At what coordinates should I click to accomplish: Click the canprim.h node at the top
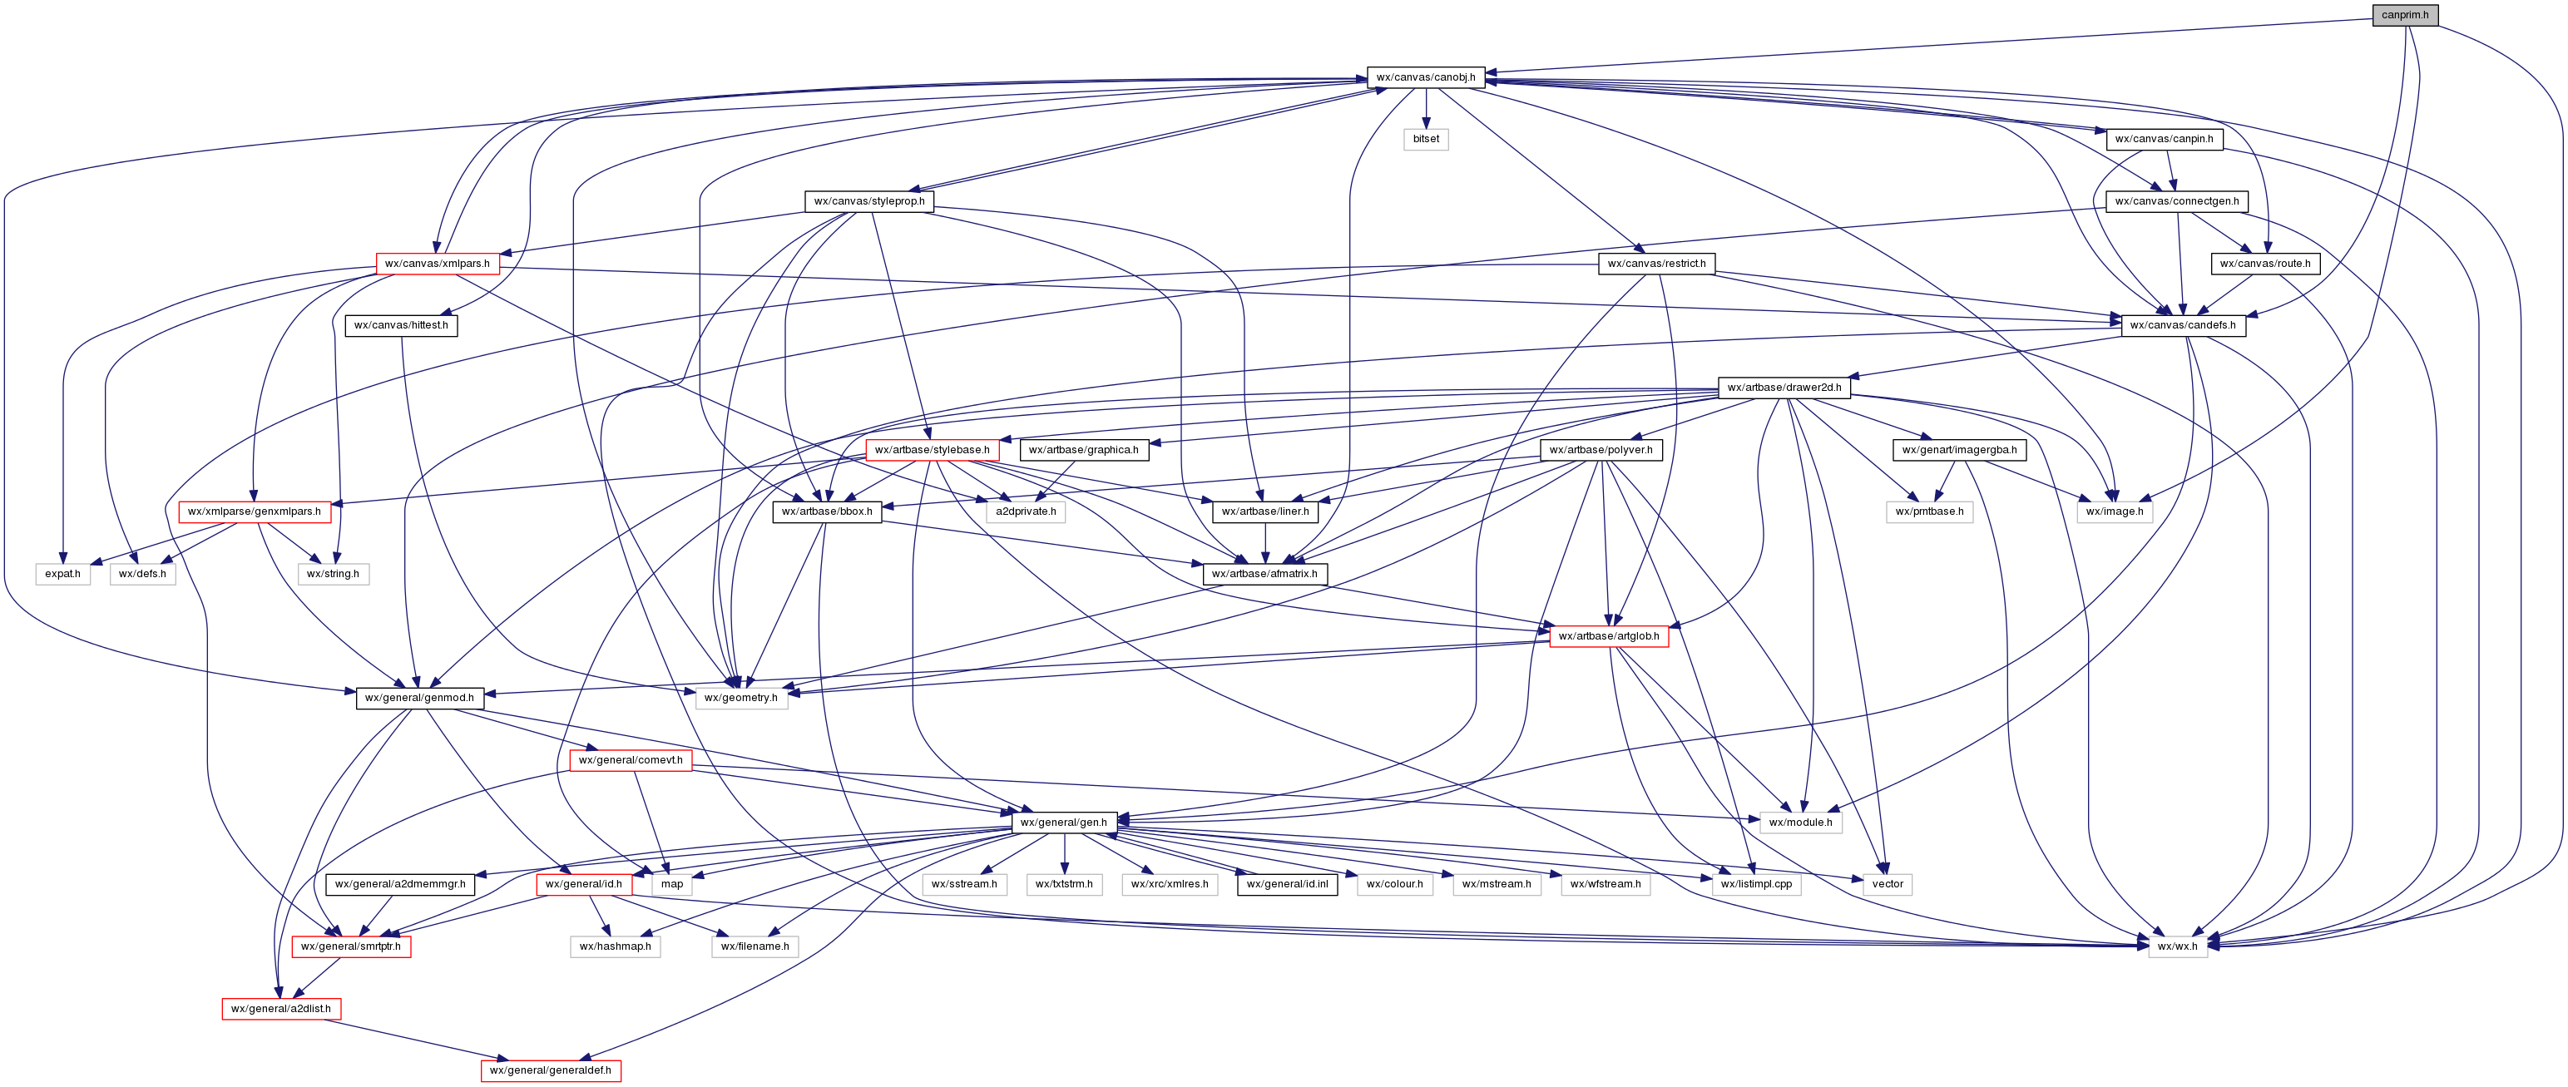pyautogui.click(x=2404, y=15)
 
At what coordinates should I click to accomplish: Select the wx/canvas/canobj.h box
pyautogui.click(x=1426, y=77)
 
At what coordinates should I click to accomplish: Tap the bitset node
pyautogui.click(x=1426, y=139)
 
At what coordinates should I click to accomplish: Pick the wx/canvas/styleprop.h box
pyautogui.click(x=868, y=201)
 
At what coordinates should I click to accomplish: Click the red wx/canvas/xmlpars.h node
pyautogui.click(x=437, y=264)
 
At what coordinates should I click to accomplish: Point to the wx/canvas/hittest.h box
pyautogui.click(x=401, y=325)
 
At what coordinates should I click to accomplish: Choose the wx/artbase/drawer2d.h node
pyautogui.click(x=1784, y=388)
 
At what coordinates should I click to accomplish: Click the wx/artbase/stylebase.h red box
pyautogui.click(x=931, y=449)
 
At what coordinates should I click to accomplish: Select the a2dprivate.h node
pyautogui.click(x=1025, y=511)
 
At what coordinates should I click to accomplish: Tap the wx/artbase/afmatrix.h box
pyautogui.click(x=1264, y=574)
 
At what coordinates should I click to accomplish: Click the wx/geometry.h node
pyautogui.click(x=740, y=698)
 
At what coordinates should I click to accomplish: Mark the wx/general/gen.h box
pyautogui.click(x=1062, y=822)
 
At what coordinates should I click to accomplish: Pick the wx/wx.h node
pyautogui.click(x=2176, y=946)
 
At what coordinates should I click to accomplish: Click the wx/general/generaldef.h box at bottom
pyautogui.click(x=551, y=1070)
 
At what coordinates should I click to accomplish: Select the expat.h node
pyautogui.click(x=62, y=574)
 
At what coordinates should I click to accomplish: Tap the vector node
pyautogui.click(x=1888, y=884)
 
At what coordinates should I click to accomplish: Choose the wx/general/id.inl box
pyautogui.click(x=1287, y=884)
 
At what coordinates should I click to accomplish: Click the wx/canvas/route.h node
pyautogui.click(x=2265, y=264)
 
